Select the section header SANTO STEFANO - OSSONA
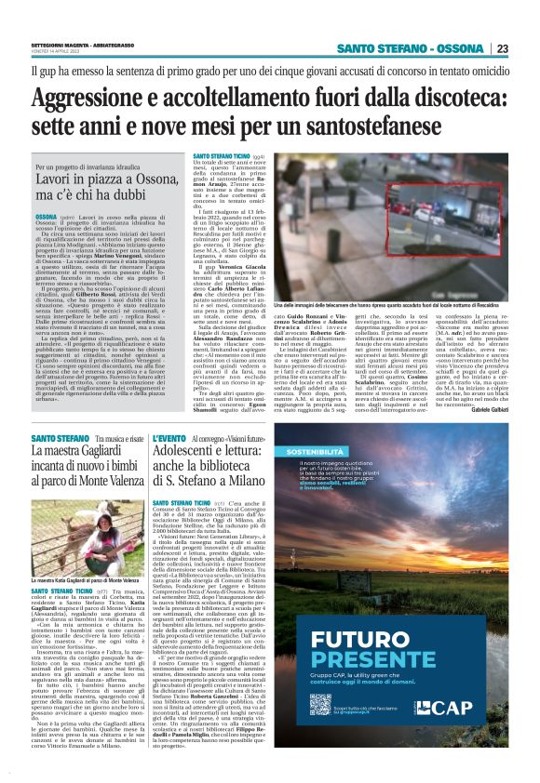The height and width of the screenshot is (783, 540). coord(411,48)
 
